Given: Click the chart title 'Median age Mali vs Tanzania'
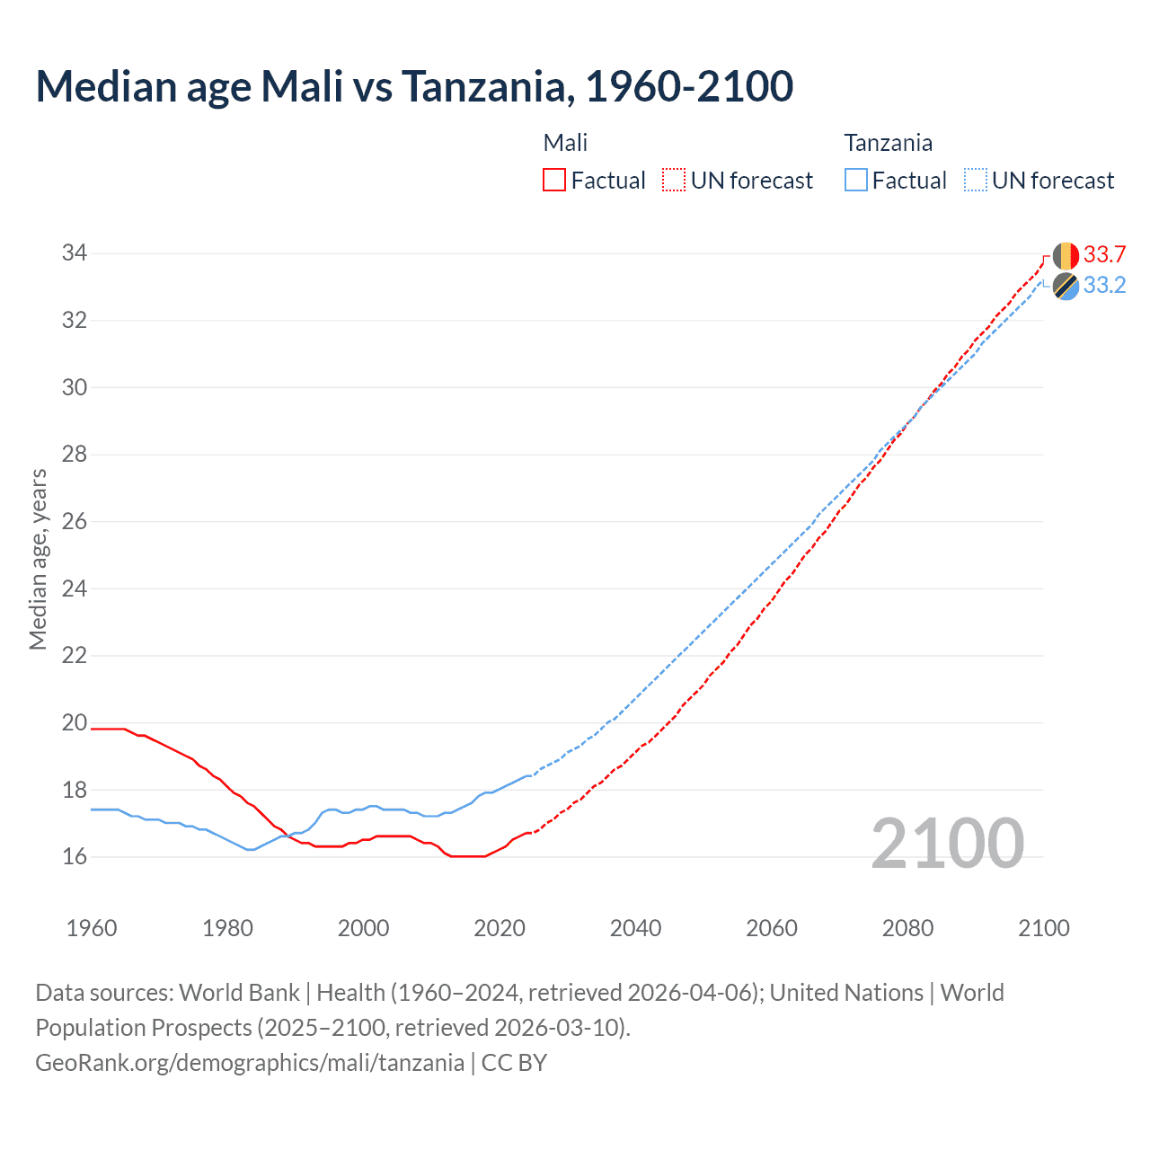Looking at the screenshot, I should point(414,86).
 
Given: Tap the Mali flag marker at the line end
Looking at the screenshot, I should point(1066,256).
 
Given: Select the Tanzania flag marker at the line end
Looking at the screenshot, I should point(1066,287).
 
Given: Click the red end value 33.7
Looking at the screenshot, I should point(1104,254).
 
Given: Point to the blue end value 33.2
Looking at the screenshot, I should point(1104,286).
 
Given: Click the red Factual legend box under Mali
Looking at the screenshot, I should point(554,181).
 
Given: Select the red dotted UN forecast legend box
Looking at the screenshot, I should point(674,181).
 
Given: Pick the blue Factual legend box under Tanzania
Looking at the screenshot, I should point(856,181).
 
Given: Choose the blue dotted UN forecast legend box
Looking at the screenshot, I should point(976,181).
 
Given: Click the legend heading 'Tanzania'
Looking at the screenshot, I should point(888,143).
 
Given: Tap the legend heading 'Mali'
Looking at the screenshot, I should point(565,143).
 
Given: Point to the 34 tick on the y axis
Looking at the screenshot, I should point(75,253).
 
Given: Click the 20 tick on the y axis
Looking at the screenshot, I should point(75,722).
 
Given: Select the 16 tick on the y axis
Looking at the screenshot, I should point(75,856).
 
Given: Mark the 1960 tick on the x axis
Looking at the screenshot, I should point(92,928).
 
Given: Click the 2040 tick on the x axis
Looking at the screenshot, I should point(635,928).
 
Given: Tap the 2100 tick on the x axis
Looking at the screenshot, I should point(1043,928).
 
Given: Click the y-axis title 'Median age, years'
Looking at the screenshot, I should point(38,559).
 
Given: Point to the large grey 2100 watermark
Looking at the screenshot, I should point(947,844).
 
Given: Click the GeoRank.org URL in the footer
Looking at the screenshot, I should point(250,1063).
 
